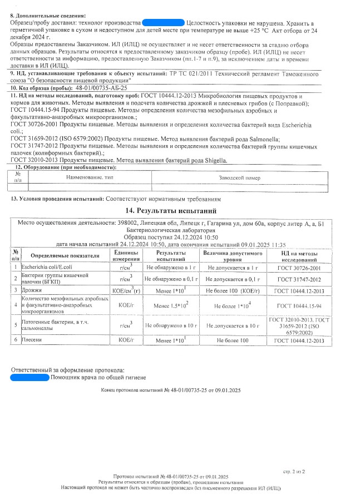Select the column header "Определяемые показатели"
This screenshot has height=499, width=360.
(65, 256)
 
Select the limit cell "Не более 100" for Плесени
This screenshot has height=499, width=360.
(232, 339)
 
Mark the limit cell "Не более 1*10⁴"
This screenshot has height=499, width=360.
(232, 305)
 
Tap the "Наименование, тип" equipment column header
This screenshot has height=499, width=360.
(90, 177)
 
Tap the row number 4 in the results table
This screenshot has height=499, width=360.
(16, 305)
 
